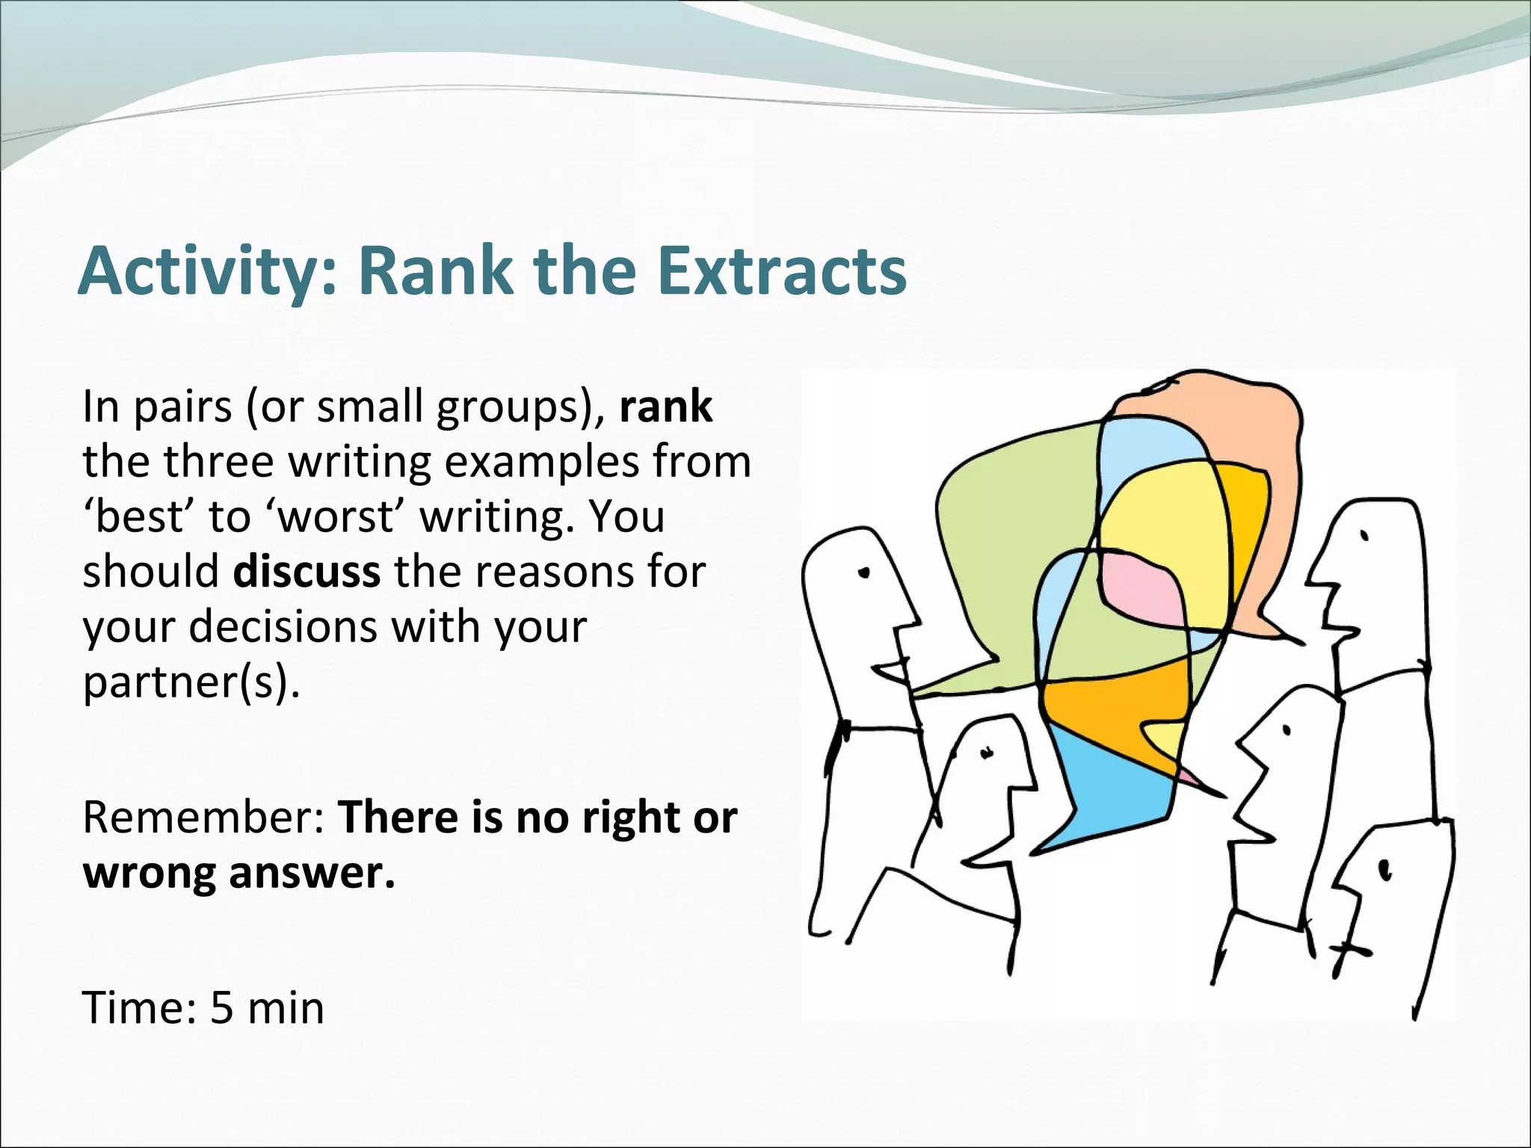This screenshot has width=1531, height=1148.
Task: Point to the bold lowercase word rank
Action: [665, 407]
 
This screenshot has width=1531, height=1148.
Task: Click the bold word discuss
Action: [306, 572]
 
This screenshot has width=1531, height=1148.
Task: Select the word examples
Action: [543, 463]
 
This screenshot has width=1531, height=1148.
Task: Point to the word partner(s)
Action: [191, 682]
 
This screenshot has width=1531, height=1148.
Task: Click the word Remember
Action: [202, 817]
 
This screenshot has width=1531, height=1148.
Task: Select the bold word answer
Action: [311, 873]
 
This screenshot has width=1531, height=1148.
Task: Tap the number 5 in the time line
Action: [222, 1007]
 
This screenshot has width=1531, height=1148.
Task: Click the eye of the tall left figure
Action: [866, 573]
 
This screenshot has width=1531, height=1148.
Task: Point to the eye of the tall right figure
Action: [1365, 536]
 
